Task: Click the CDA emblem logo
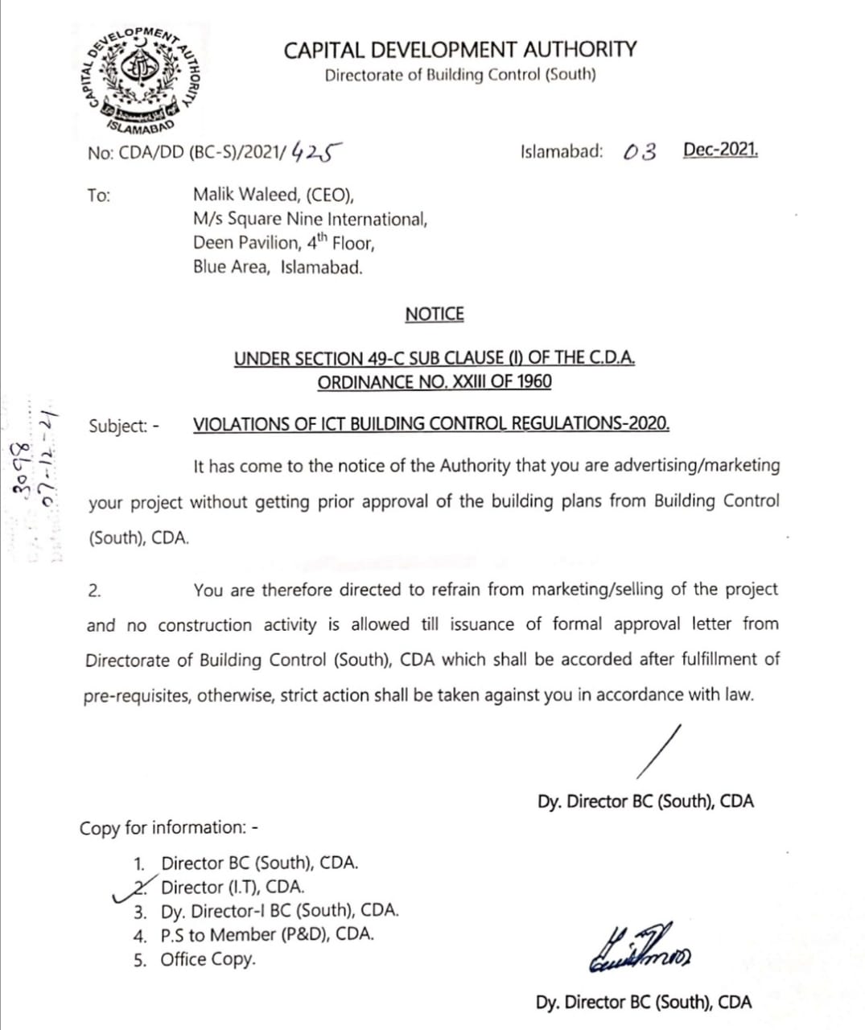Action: click(x=142, y=77)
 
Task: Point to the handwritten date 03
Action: click(x=640, y=151)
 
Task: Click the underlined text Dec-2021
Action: click(x=720, y=150)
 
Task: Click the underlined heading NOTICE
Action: click(x=435, y=314)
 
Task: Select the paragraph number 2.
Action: click(x=94, y=591)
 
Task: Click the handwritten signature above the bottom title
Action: click(x=642, y=952)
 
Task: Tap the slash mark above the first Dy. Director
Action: click(x=658, y=752)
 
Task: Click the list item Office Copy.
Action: click(x=208, y=959)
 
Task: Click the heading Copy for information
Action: click(x=168, y=828)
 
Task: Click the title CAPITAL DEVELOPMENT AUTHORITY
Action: click(x=459, y=50)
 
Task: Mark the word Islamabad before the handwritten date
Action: click(x=562, y=151)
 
